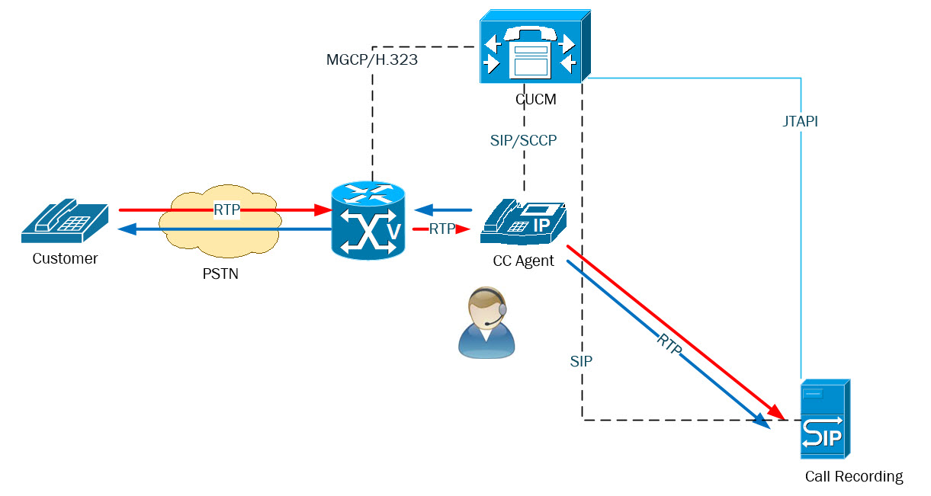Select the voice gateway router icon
pos(368,220)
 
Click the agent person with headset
pos(486,323)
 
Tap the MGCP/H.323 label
pos(371,60)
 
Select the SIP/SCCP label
pos(523,141)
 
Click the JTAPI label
pos(800,121)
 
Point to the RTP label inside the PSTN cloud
pos(227,210)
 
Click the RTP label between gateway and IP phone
pos(442,229)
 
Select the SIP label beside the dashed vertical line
pos(581,361)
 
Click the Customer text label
pos(65,259)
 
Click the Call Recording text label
pos(853,477)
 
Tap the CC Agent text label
pos(523,261)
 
